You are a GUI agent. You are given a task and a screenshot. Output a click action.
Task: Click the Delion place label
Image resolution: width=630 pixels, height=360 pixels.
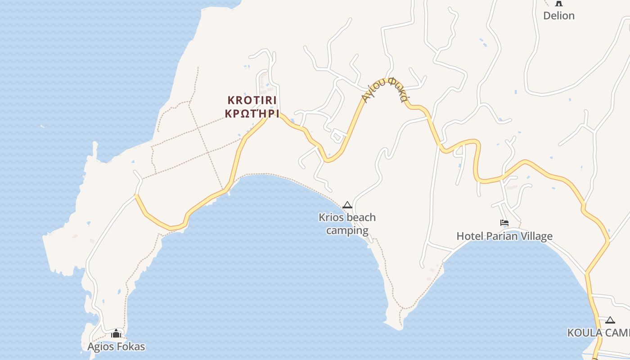[558, 16]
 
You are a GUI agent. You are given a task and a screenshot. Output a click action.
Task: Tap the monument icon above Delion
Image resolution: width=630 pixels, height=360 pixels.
[559, 3]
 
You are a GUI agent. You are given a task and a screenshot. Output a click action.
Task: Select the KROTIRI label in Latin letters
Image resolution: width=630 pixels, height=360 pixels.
[252, 100]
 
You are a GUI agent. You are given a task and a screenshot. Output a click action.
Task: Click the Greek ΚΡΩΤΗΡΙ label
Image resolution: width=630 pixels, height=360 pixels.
[252, 113]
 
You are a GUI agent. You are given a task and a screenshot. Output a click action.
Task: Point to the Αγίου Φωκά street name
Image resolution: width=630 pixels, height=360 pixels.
[385, 89]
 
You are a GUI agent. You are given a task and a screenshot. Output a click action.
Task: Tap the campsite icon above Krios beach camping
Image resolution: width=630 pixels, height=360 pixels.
[347, 205]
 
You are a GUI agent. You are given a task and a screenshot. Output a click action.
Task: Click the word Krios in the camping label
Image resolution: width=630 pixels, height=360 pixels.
[331, 218]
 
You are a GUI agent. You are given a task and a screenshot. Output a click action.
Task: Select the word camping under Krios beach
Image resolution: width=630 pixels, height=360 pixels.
[347, 231]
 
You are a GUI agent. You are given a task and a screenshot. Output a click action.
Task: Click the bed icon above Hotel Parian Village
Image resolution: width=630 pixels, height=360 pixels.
[504, 223]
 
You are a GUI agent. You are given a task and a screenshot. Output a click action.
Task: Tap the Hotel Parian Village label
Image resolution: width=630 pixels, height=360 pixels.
[504, 236]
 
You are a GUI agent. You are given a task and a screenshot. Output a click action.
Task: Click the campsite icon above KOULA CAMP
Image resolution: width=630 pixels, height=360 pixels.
[610, 320]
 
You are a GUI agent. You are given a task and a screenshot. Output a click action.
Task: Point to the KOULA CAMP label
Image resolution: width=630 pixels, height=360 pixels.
[598, 333]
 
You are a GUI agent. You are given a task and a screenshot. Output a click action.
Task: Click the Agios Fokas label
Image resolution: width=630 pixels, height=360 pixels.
[116, 346]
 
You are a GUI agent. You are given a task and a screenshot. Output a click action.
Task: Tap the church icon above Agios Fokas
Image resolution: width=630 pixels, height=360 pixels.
[116, 333]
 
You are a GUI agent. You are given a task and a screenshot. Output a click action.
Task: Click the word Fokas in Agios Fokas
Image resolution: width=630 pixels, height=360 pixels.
[131, 346]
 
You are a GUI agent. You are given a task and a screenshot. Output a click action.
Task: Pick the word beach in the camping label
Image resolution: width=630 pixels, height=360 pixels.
[361, 218]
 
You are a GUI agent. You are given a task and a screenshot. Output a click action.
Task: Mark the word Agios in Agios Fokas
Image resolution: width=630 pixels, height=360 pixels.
[101, 346]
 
